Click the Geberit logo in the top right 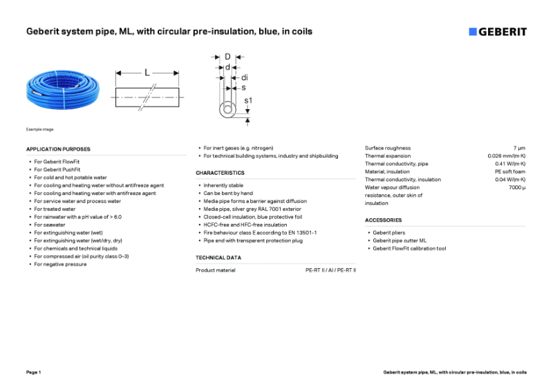(497, 32)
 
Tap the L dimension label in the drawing (147, 72)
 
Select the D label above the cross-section (227, 57)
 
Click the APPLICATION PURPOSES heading (58, 149)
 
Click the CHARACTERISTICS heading (220, 173)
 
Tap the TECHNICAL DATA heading (218, 258)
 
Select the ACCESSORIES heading (383, 220)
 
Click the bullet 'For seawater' (50, 225)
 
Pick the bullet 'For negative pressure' (61, 265)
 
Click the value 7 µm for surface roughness (519, 148)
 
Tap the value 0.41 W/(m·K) (510, 164)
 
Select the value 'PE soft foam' (510, 172)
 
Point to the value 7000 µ (517, 187)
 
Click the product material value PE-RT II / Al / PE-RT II (330, 270)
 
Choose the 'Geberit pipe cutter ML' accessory (400, 240)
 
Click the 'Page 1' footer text (34, 372)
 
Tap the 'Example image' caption (39, 129)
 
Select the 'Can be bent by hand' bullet (228, 193)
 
